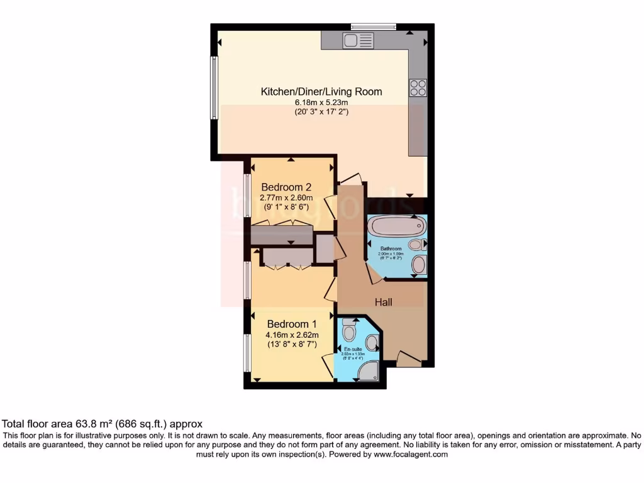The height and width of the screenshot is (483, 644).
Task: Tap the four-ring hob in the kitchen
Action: tap(418, 88)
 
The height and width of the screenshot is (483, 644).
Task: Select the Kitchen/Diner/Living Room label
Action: tap(321, 91)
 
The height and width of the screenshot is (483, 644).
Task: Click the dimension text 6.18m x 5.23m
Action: tap(321, 103)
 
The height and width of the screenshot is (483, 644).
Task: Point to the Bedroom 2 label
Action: tap(287, 187)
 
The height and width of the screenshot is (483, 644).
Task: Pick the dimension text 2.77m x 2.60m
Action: tap(286, 197)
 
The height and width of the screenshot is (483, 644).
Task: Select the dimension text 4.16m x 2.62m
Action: tap(292, 335)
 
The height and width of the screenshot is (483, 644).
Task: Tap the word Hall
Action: tap(384, 303)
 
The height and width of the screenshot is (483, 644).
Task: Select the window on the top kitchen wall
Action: tap(374, 26)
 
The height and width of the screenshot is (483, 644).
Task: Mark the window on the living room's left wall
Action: tap(214, 88)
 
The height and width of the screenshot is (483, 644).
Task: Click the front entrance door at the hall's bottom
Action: tap(409, 360)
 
